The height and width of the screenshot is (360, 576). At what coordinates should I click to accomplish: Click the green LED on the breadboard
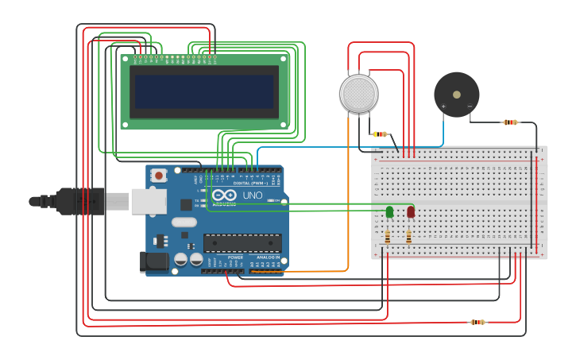(389, 211)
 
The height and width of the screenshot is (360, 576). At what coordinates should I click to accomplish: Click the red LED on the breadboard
(410, 211)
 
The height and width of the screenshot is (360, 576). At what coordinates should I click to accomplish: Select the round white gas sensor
(359, 93)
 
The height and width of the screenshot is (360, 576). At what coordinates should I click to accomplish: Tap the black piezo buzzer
(456, 95)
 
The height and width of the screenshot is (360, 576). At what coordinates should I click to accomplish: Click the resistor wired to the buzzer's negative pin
(510, 122)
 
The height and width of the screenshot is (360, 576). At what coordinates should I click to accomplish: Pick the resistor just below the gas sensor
(381, 134)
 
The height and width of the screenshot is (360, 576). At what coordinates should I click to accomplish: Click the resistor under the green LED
(387, 236)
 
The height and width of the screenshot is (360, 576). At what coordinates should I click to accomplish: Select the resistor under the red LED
(408, 236)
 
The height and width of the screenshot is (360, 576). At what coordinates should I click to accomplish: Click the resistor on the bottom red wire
(477, 322)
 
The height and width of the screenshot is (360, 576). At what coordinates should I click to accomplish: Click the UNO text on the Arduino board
(252, 195)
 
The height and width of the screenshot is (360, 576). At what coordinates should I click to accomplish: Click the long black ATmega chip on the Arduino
(242, 243)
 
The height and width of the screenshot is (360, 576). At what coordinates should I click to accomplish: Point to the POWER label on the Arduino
(235, 257)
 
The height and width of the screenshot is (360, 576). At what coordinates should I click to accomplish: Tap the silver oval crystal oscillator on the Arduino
(184, 223)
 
